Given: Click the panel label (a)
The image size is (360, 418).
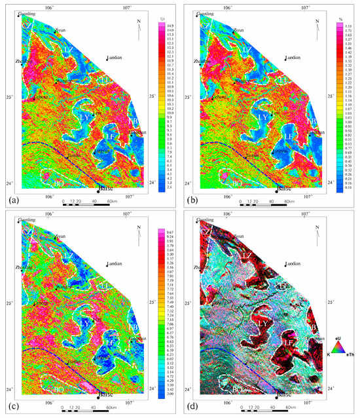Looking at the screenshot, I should click(10, 197).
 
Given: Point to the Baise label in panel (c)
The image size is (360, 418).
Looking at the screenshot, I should click(107, 397).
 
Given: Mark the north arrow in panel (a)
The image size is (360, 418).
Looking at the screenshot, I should click(137, 25).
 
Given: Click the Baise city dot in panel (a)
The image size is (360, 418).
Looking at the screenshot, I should click(98, 192).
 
